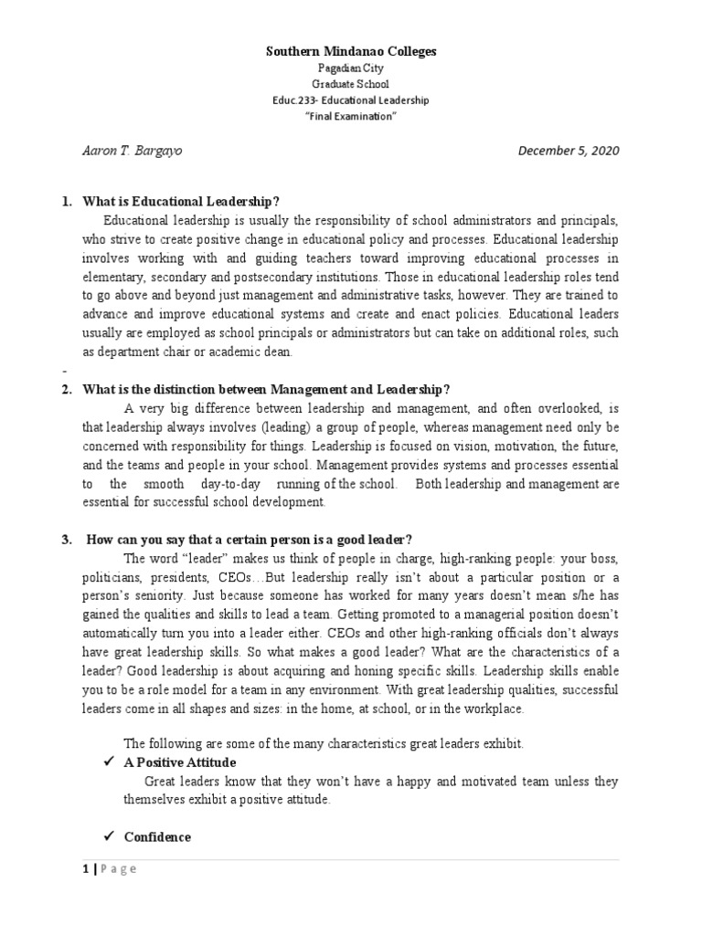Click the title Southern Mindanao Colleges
click(x=350, y=52)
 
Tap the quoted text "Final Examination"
click(x=350, y=116)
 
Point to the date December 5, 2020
click(x=568, y=151)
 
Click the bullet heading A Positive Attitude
click(x=180, y=762)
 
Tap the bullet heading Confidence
click(x=157, y=836)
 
